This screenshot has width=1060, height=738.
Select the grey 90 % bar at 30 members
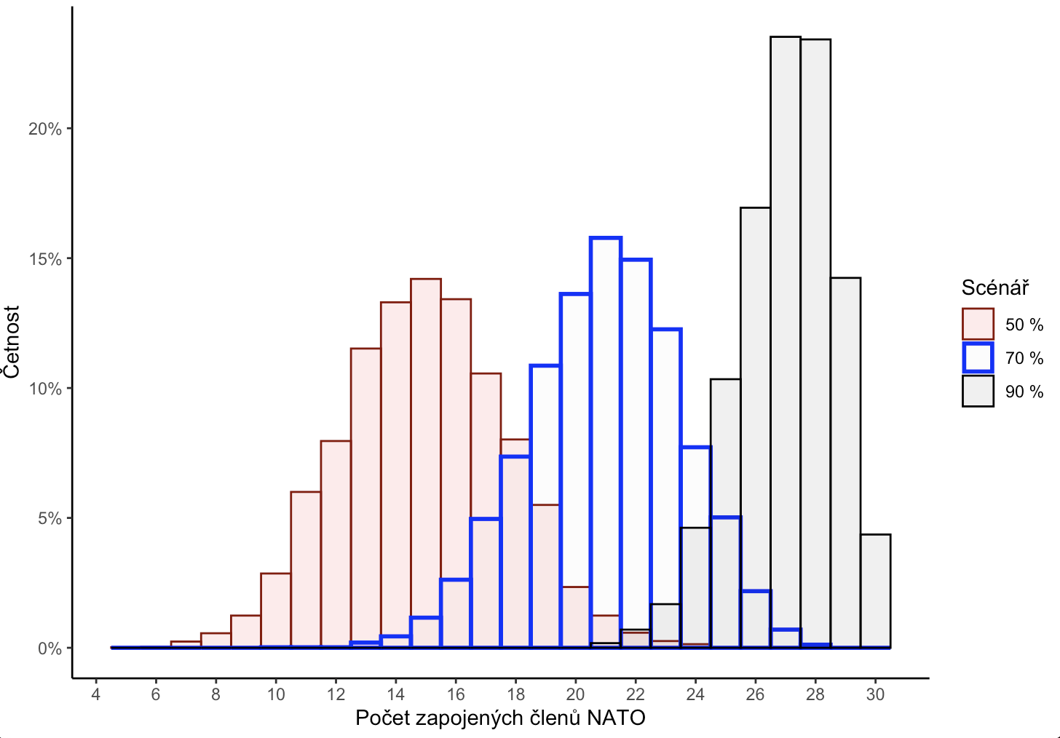tap(875, 591)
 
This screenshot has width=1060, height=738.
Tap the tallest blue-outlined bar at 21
tap(606, 437)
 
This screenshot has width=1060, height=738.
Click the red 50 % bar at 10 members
tap(276, 611)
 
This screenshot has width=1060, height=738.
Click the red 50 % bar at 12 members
tap(336, 546)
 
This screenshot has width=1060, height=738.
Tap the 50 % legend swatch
tap(978, 325)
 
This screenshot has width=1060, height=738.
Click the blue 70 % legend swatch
tap(978, 358)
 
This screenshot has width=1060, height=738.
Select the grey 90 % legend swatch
tap(978, 392)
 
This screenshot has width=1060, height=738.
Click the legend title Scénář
tap(994, 288)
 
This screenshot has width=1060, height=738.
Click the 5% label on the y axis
tap(50, 519)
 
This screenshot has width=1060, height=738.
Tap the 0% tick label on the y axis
tap(50, 648)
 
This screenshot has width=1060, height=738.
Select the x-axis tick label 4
tap(96, 694)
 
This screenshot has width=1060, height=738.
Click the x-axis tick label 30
tap(875, 694)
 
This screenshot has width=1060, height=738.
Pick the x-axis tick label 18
tap(515, 694)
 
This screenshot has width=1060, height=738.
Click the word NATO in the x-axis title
tap(616, 718)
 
